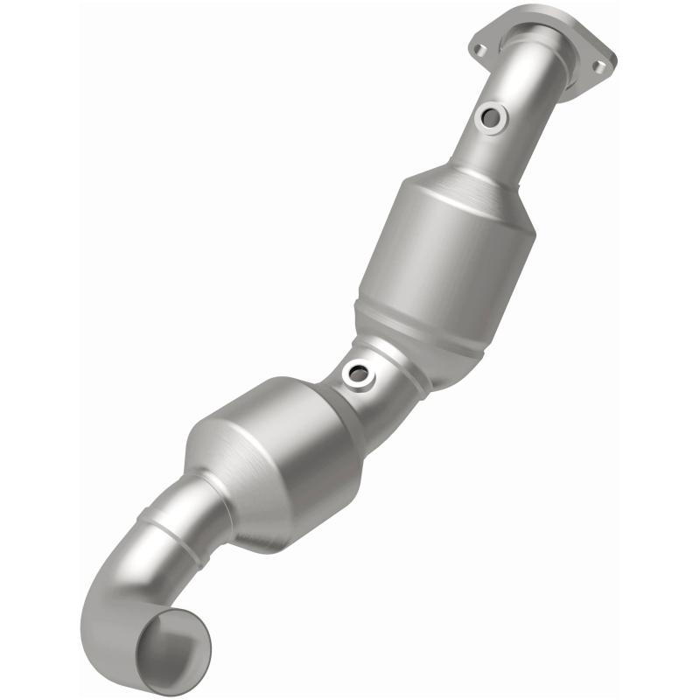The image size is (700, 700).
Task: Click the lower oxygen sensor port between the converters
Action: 358,374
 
